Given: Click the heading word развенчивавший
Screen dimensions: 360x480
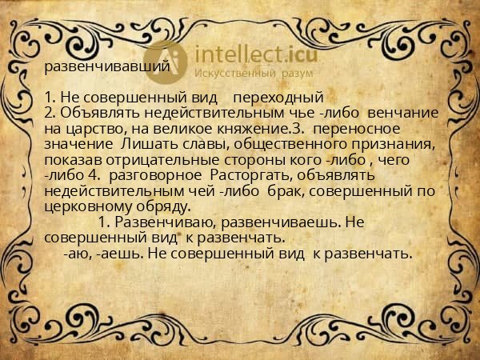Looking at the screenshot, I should pos(106,66).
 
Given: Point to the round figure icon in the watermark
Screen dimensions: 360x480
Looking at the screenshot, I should pos(167,58).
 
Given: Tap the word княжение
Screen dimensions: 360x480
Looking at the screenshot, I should pos(245,128).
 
